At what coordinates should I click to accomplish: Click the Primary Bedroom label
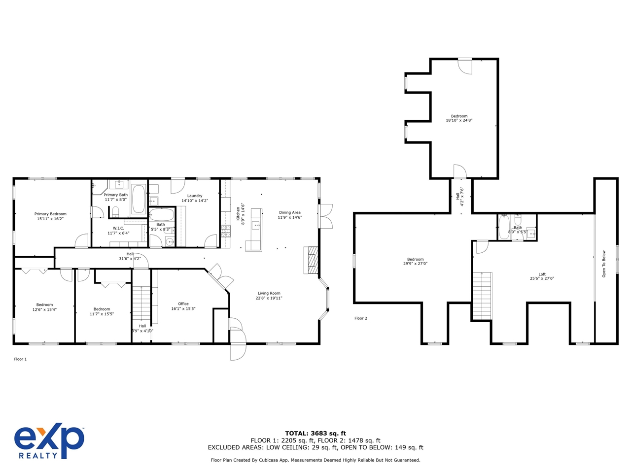click(x=50, y=214)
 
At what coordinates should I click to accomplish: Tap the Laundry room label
click(x=195, y=196)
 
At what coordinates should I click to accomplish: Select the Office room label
click(x=183, y=304)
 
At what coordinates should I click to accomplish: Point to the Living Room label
click(x=269, y=293)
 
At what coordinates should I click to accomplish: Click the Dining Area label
click(x=289, y=212)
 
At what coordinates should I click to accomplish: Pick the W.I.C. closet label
click(x=118, y=228)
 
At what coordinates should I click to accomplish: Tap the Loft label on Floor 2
click(x=542, y=274)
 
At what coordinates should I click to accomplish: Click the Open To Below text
click(x=604, y=264)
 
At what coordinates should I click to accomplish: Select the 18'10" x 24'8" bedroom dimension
click(x=459, y=120)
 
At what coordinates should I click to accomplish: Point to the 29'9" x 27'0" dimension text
click(x=415, y=263)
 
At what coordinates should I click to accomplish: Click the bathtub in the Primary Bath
click(x=139, y=199)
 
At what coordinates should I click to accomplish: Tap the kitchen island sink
click(x=255, y=226)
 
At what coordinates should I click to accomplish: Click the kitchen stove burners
click(x=226, y=231)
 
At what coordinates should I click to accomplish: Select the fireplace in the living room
click(x=311, y=260)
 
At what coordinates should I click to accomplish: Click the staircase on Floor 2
click(x=482, y=296)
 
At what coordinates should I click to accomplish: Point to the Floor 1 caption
click(x=20, y=359)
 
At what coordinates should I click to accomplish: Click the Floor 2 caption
click(x=361, y=318)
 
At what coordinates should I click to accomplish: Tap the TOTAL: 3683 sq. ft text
click(x=315, y=434)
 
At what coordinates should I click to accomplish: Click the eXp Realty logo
click(x=49, y=441)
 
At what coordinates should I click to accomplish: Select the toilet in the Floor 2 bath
click(x=518, y=220)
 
